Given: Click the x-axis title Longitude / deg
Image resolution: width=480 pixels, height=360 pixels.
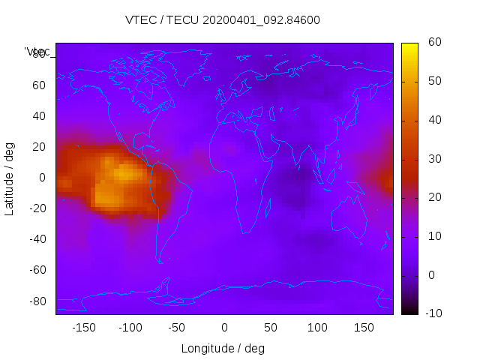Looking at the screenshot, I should (x=223, y=348).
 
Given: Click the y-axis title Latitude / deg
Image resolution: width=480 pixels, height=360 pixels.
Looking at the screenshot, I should (x=10, y=178).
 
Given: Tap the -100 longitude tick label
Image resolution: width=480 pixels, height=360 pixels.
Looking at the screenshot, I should (x=130, y=328).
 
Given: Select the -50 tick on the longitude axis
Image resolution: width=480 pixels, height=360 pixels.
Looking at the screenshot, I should (x=176, y=328).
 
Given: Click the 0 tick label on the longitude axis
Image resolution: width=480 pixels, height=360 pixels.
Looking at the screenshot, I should (x=224, y=328).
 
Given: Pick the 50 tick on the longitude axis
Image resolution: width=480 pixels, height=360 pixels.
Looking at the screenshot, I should (x=271, y=328).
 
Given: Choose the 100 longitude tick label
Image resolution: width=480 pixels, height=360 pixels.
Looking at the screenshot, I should (x=317, y=328).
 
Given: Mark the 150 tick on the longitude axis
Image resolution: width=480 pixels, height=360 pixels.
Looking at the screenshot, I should (x=364, y=328).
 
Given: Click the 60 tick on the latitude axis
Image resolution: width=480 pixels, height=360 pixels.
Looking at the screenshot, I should (x=39, y=85).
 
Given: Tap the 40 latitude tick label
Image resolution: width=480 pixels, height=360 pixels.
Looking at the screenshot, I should (x=39, y=115).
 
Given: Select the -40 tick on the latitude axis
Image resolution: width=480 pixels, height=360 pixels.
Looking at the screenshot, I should (x=37, y=239).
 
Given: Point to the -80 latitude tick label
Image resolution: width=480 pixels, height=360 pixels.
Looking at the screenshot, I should (x=37, y=301).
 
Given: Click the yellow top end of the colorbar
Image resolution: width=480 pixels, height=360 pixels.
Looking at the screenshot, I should (x=409, y=46).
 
